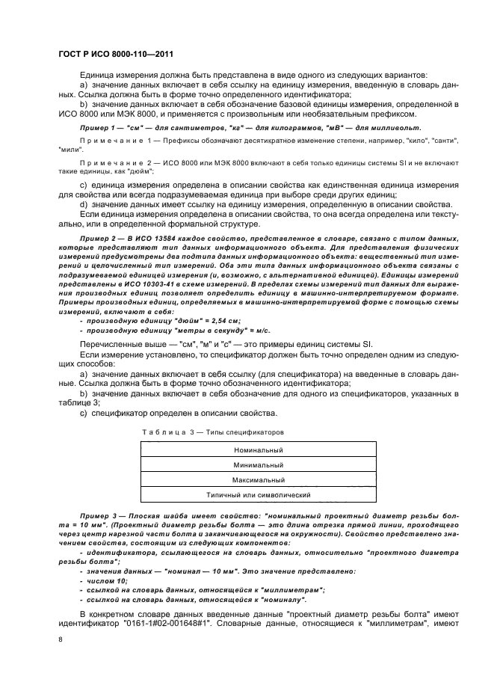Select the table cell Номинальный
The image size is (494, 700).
coord(258,451)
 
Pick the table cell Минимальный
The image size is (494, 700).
coord(258,465)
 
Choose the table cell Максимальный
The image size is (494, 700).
coord(258,480)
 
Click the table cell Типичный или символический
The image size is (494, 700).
coord(258,495)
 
